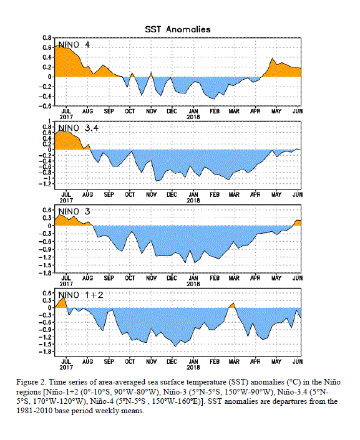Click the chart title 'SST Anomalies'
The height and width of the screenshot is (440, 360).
point(178,29)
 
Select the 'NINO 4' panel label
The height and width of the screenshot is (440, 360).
point(74,45)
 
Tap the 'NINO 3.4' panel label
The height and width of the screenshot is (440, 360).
point(79,128)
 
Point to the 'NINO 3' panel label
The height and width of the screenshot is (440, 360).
point(74,211)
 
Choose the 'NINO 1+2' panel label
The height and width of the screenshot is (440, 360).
point(80,295)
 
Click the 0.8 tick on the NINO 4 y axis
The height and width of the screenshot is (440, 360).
point(47,38)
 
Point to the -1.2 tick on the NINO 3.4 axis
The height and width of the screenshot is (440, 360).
point(46,184)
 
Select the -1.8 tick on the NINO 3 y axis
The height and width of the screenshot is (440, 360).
point(46,273)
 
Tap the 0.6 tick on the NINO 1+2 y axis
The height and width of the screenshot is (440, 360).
point(47,293)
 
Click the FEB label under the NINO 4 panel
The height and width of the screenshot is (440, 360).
point(215,112)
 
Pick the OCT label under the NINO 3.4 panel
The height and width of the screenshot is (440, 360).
point(130,194)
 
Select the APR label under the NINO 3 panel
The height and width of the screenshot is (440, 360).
point(255,278)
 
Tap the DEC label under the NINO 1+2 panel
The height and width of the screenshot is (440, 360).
point(172,361)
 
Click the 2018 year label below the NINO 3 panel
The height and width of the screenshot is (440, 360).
point(193,284)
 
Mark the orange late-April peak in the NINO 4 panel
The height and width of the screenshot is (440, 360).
point(272,59)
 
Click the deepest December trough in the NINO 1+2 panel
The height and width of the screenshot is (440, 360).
point(175,347)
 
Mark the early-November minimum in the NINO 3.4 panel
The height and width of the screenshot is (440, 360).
point(156,181)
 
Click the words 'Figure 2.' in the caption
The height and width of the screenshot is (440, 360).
point(31,383)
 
